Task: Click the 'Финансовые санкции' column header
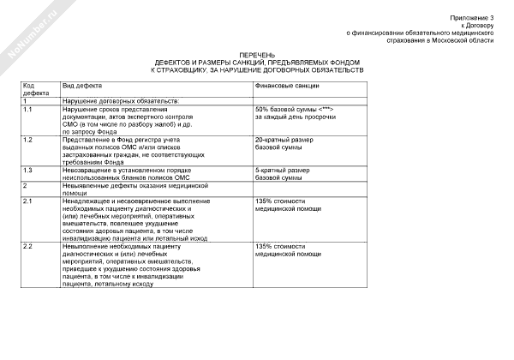[287, 87]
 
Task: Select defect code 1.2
[28, 140]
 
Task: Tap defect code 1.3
[28, 169]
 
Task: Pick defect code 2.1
[28, 201]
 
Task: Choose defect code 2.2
[28, 247]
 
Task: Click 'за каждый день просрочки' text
[292, 119]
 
